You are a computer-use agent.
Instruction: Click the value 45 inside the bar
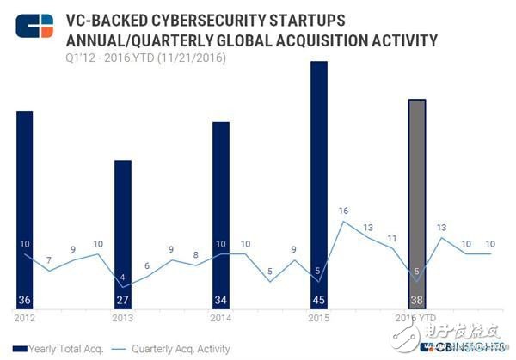pos(319,301)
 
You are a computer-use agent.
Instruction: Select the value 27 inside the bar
pos(123,301)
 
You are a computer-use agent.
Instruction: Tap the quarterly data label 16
pos(343,211)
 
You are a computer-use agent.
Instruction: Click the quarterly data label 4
pos(122,277)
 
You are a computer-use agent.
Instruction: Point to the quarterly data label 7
pos(49,260)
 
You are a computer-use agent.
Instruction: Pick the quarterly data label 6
pos(147,266)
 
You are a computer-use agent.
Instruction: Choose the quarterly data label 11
pos(392,238)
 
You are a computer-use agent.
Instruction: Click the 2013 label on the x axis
pos(122,317)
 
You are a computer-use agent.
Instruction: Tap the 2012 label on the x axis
pos(24,317)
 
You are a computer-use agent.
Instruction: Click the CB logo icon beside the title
pos(34,27)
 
